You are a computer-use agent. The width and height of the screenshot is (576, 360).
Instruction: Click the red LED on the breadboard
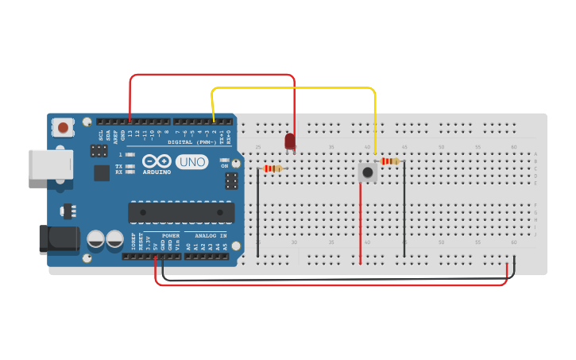point(290,141)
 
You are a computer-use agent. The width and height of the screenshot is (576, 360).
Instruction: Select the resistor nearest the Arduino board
point(273,168)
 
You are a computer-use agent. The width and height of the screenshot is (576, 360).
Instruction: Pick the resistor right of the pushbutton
point(390,161)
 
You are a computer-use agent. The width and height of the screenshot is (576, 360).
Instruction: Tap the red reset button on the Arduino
point(64,126)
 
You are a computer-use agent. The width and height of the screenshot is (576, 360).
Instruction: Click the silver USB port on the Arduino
point(51,165)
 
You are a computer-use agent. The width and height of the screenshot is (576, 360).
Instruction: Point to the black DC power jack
point(59,239)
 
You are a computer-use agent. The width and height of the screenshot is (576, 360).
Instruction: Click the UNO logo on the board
point(191,162)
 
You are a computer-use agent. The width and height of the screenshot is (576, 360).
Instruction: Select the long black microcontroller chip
point(181,212)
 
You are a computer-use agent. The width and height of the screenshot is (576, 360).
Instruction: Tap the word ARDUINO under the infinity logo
point(157,172)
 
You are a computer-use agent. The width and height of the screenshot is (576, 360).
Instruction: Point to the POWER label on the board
point(171,236)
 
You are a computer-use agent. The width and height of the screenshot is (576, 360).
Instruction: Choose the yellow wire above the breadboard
point(294,88)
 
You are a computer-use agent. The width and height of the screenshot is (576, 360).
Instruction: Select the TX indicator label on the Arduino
point(119,166)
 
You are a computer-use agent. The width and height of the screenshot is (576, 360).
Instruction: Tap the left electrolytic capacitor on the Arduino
point(95,238)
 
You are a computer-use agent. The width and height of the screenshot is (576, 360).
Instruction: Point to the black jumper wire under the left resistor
point(257,215)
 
